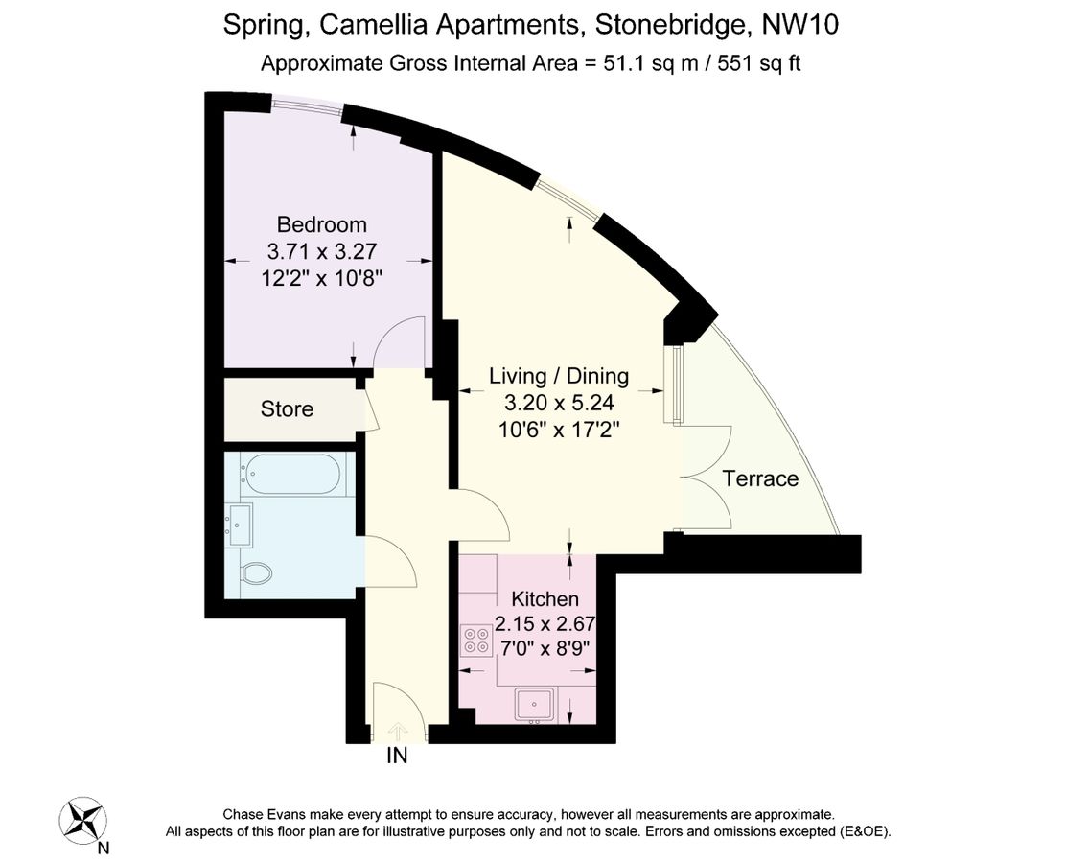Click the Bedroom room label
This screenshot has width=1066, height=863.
pyautogui.click(x=321, y=225)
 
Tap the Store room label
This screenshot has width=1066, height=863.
pyautogui.click(x=287, y=409)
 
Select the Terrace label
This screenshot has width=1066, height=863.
pyautogui.click(x=760, y=478)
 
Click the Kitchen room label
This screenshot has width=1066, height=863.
pyautogui.click(x=545, y=599)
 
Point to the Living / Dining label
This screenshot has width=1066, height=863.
pyautogui.click(x=559, y=376)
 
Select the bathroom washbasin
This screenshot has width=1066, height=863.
pyautogui.click(x=241, y=523)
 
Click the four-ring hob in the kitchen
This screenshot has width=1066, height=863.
pyautogui.click(x=475, y=641)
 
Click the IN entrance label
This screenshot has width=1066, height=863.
pyautogui.click(x=397, y=756)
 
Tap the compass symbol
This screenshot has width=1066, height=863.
pyautogui.click(x=82, y=821)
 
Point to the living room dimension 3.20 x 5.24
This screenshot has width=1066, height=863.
pyautogui.click(x=559, y=403)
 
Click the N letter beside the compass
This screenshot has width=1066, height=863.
pyautogui.click(x=104, y=848)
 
